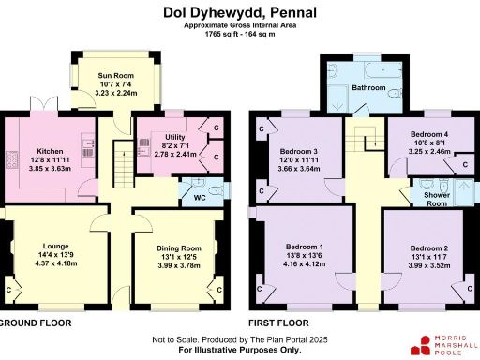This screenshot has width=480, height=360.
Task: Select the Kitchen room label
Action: click(x=50, y=151)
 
